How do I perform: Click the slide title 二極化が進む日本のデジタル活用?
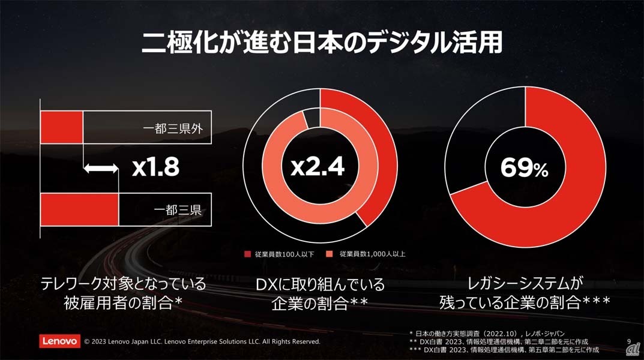[x=322, y=44]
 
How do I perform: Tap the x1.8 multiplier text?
[x=155, y=169]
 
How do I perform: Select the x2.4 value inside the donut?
[x=317, y=167]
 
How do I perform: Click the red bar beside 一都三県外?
[x=61, y=127]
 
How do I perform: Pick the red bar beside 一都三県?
[x=79, y=210]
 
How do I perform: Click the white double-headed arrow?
[x=101, y=169]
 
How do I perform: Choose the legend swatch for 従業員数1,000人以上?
[x=330, y=254]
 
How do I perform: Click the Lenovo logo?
[x=60, y=341]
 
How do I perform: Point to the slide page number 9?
[x=627, y=341]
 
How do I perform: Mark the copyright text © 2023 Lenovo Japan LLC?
[x=202, y=341]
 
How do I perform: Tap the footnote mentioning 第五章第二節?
[x=508, y=349]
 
